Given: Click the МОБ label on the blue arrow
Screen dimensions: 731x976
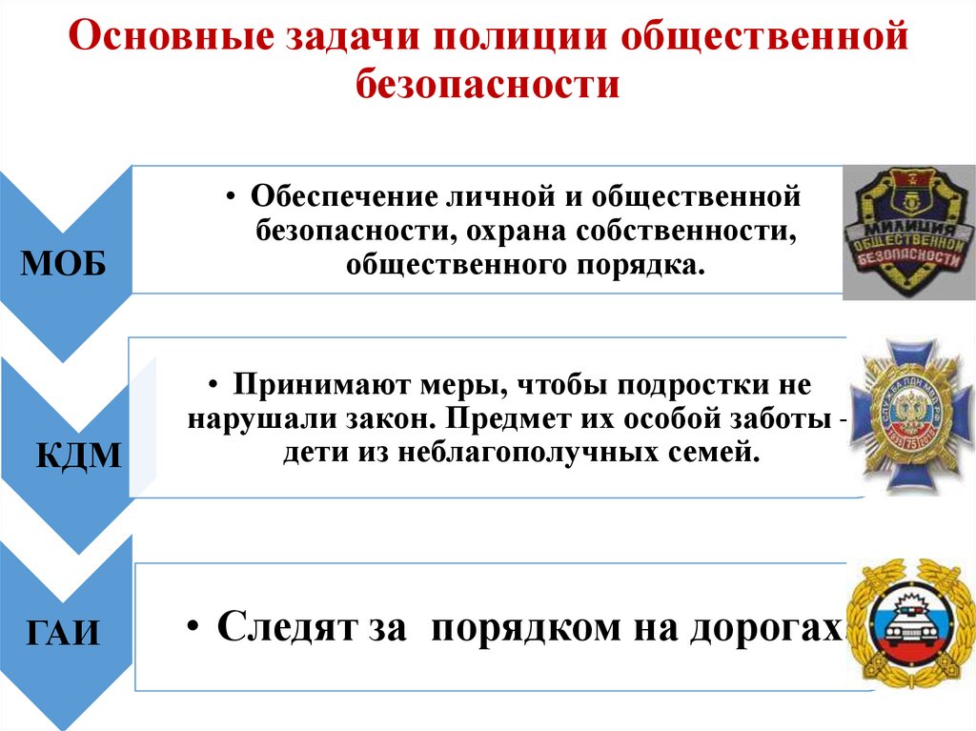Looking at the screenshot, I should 64,263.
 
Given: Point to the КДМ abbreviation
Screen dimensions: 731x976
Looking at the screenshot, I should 79,456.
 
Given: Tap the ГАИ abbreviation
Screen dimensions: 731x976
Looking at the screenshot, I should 65,632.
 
